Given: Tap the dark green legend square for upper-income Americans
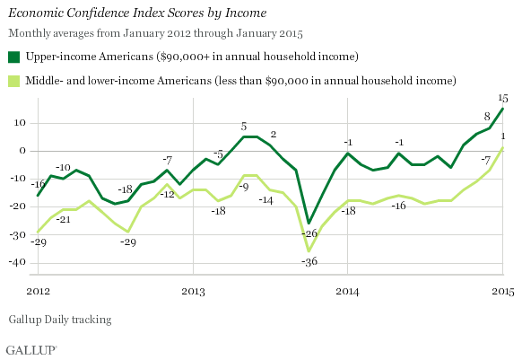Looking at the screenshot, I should pyautogui.click(x=13, y=57).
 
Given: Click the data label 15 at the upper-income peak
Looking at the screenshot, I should pyautogui.click(x=503, y=98).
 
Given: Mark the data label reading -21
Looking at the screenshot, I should pyautogui.click(x=64, y=219).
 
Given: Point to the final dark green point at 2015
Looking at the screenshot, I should pyautogui.click(x=502, y=109).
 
